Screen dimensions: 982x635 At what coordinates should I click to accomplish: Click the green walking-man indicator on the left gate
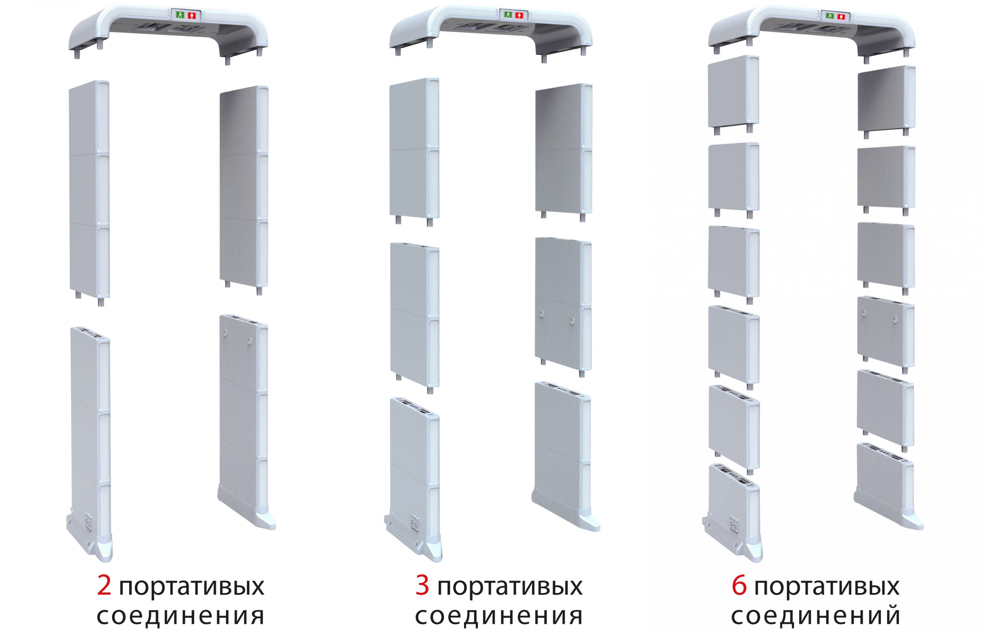(x=180, y=15)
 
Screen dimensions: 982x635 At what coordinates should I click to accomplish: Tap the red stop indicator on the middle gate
(x=520, y=15)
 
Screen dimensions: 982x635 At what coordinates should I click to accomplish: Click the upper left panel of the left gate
(x=89, y=192)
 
